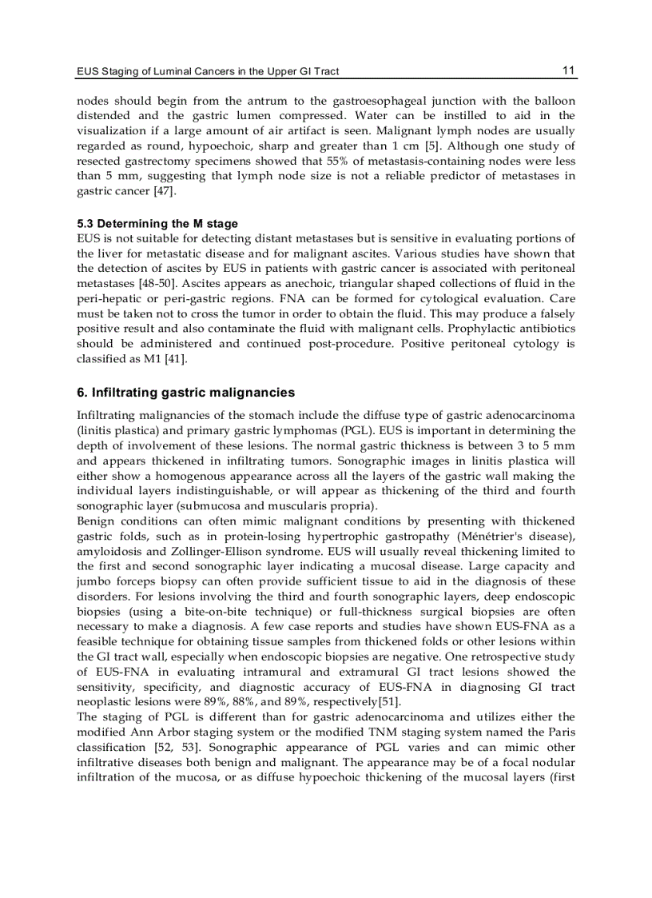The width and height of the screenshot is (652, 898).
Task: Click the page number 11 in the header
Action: click(x=568, y=70)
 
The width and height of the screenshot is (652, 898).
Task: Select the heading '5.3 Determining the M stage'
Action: click(x=157, y=223)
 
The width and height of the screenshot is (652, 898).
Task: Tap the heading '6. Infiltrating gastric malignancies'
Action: click(x=185, y=393)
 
